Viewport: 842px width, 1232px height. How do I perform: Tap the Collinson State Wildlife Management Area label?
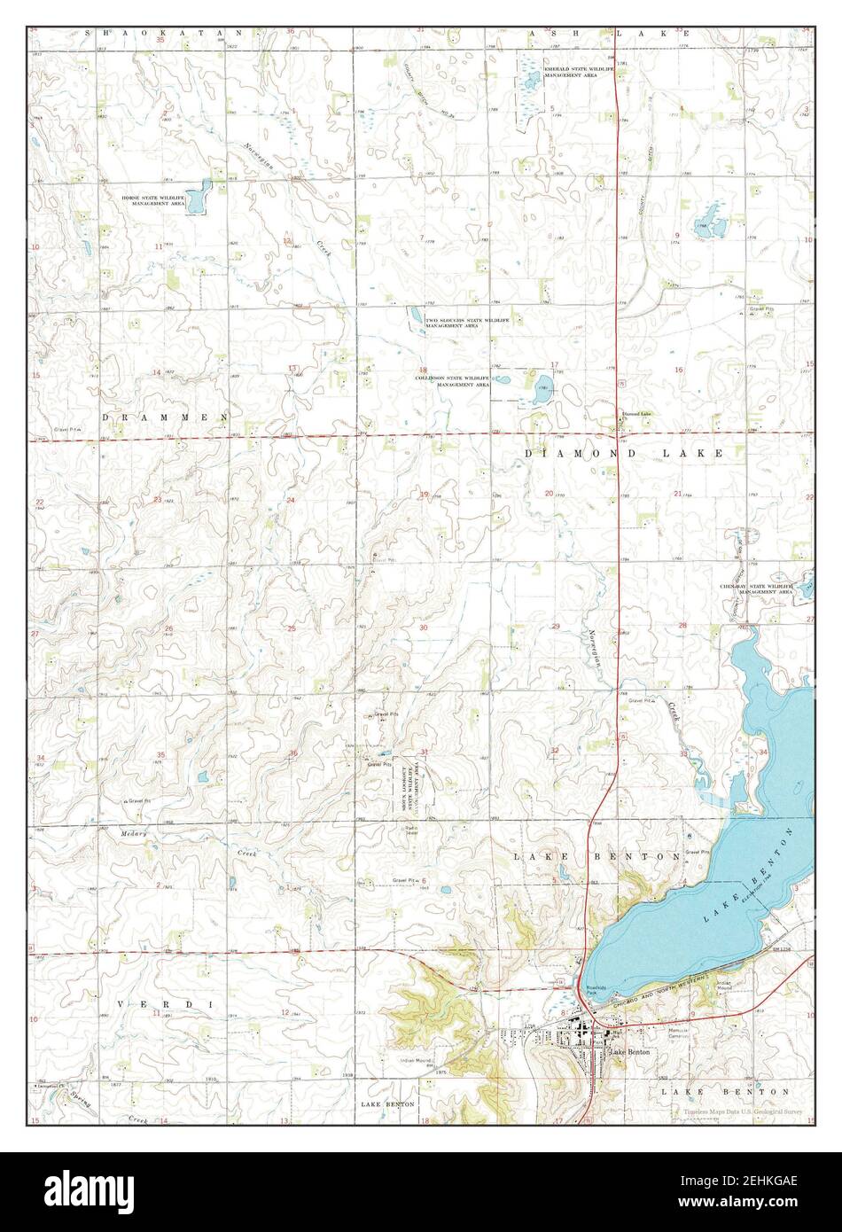[x=453, y=382]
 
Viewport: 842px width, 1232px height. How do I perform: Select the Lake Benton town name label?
[x=631, y=1052]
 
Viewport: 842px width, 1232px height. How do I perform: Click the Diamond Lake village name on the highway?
[x=635, y=414]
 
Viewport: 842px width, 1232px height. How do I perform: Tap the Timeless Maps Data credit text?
[x=741, y=1111]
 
